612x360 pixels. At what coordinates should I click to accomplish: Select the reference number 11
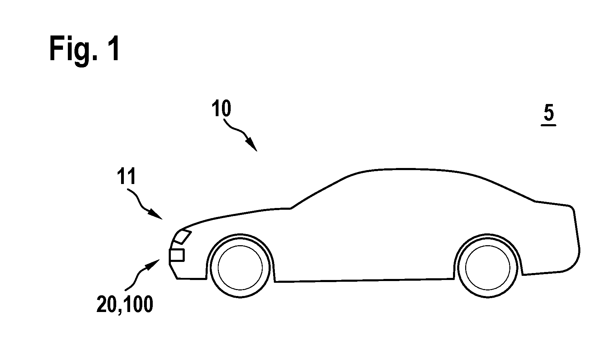coord(126,178)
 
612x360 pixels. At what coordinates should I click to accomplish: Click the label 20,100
coord(125,305)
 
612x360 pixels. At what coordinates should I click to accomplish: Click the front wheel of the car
coord(240,267)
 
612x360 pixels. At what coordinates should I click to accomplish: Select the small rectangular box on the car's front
coord(176,255)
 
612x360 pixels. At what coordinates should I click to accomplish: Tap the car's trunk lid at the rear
coord(553,203)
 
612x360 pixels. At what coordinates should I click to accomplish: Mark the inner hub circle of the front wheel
coord(240,267)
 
